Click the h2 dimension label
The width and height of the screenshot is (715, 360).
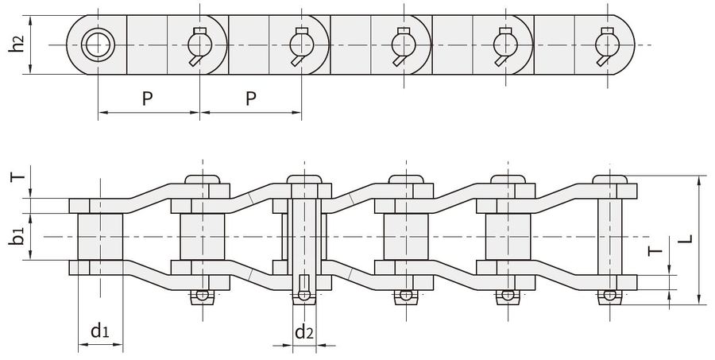click(17, 45)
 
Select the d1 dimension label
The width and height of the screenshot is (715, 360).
click(100, 331)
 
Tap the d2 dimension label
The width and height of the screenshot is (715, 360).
click(304, 331)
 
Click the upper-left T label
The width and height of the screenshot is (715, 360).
click(17, 176)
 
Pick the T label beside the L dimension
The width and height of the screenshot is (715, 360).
click(655, 250)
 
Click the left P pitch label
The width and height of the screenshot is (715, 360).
click(147, 98)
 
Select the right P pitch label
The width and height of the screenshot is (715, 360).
click(251, 98)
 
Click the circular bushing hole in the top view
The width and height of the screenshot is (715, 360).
click(98, 45)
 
